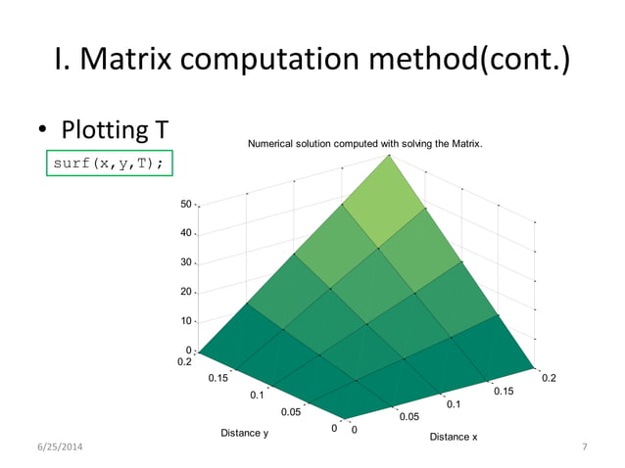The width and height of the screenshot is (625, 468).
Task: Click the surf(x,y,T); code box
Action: (110, 163)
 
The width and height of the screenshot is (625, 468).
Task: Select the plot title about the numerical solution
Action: (365, 145)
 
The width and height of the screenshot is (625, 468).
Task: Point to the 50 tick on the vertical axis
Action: (185, 205)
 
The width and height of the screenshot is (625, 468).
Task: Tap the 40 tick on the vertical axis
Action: (185, 234)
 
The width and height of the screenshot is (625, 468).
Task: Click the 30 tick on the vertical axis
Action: (185, 263)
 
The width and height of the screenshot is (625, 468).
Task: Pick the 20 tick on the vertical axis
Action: (185, 292)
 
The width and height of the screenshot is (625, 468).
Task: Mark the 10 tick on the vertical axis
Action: (185, 321)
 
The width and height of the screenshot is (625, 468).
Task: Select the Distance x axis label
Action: (454, 437)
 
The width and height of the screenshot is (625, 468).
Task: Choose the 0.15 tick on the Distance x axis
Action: (503, 391)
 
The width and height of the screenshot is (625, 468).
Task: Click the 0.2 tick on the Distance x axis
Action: (549, 376)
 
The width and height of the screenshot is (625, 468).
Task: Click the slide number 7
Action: (584, 447)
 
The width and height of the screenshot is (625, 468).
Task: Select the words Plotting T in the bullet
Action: (116, 129)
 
